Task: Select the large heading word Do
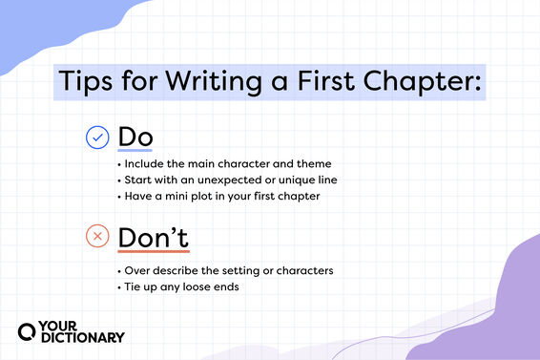(x=135, y=137)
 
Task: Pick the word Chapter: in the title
(x=422, y=82)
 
